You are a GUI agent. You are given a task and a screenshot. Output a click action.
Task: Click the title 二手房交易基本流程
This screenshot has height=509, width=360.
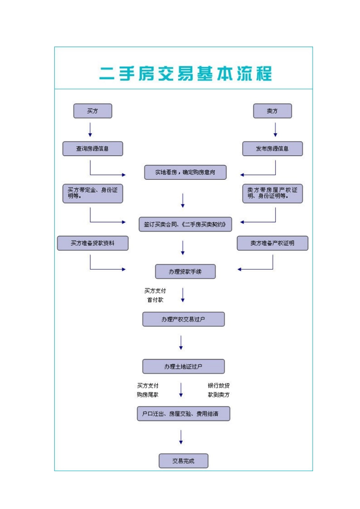pyautogui.click(x=185, y=73)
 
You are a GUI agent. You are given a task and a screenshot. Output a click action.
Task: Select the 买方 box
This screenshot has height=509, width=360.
pyautogui.click(x=92, y=111)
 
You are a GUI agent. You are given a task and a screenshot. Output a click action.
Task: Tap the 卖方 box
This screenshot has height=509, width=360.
pyautogui.click(x=272, y=111)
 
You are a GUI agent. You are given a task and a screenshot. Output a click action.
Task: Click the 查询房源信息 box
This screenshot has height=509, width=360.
pyautogui.click(x=92, y=149)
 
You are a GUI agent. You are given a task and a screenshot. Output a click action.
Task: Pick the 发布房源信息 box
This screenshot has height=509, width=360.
pyautogui.click(x=272, y=149)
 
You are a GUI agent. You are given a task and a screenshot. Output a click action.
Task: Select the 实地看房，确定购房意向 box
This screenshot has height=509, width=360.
pyautogui.click(x=185, y=172)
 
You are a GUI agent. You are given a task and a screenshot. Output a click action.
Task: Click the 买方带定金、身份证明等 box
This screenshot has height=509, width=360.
pyautogui.click(x=92, y=193)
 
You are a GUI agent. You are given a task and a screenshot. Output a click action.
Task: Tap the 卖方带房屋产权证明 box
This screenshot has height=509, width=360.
pyautogui.click(x=272, y=193)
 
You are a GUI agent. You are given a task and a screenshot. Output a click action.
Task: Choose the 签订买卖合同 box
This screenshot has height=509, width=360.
pyautogui.click(x=185, y=224)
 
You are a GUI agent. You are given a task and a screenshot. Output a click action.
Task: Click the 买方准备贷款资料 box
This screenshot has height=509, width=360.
pyautogui.click(x=92, y=243)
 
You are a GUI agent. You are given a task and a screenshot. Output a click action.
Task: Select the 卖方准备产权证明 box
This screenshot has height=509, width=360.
pyautogui.click(x=272, y=243)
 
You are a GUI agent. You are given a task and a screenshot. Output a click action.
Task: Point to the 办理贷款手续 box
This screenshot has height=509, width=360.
pyautogui.click(x=185, y=272)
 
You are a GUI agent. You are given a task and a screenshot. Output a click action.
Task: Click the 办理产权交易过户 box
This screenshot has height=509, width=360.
pyautogui.click(x=183, y=319)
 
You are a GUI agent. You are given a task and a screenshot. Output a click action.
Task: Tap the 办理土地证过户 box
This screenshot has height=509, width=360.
pyautogui.click(x=183, y=367)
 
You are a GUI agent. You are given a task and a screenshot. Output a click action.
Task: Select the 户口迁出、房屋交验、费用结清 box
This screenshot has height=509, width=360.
pyautogui.click(x=183, y=414)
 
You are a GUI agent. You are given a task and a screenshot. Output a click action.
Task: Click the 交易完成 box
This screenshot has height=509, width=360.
pyautogui.click(x=183, y=461)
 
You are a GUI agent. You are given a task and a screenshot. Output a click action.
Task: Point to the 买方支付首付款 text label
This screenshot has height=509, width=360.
pyautogui.click(x=155, y=295)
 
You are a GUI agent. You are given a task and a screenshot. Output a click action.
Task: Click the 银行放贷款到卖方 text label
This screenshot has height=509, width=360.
pyautogui.click(x=219, y=390)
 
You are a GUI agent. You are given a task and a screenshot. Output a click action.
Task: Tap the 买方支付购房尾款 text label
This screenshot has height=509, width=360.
pyautogui.click(x=148, y=390)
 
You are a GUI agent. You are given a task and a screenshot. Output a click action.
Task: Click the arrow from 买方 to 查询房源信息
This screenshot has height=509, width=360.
pyautogui.click(x=90, y=130)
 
